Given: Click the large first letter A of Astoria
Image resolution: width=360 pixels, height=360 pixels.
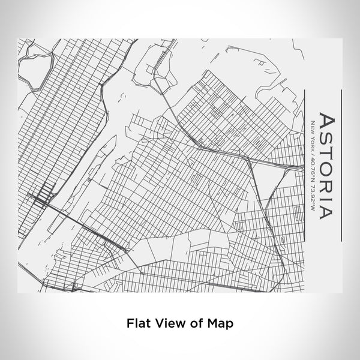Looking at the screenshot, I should pos(324,120).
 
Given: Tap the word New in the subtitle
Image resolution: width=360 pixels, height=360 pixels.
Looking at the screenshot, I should pos(311,127).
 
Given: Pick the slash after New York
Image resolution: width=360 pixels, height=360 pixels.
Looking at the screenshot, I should pos(311,154).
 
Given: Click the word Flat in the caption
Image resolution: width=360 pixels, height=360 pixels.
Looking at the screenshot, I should pos(137,322).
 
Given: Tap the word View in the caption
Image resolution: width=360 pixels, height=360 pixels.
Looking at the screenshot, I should pos(169,322).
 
